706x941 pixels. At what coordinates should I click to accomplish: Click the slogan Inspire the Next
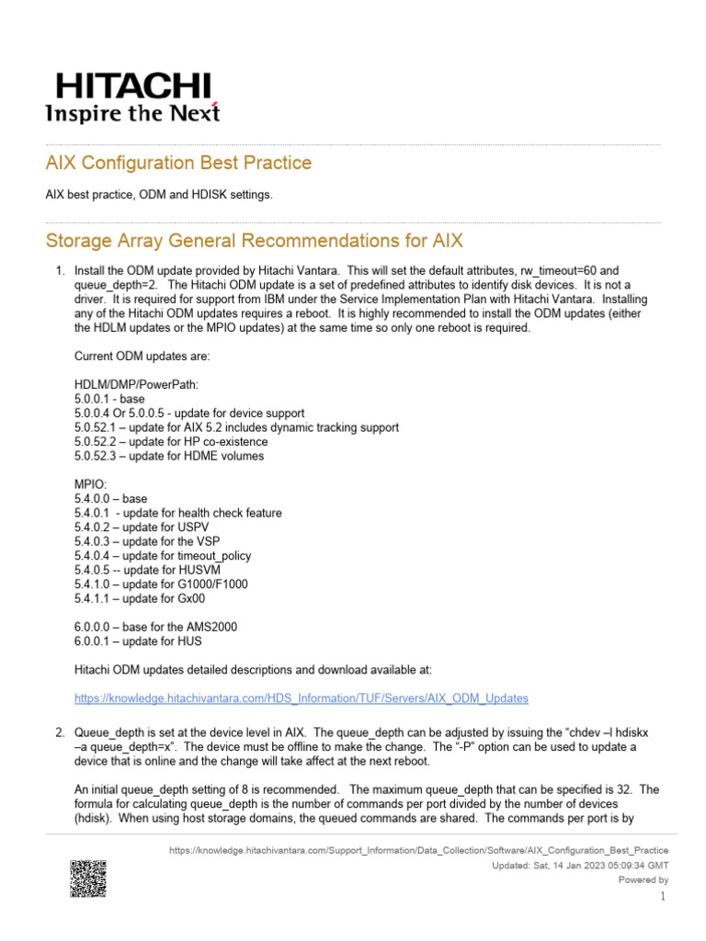[132, 113]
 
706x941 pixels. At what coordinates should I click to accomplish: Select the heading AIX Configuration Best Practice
[178, 163]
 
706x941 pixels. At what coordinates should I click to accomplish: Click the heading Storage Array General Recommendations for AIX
[255, 241]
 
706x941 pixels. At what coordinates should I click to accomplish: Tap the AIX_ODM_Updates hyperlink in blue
[301, 698]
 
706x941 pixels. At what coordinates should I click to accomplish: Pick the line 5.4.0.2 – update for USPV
[138, 527]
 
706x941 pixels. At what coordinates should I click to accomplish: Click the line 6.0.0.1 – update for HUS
[138, 641]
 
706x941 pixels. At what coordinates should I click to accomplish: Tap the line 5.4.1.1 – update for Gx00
[140, 598]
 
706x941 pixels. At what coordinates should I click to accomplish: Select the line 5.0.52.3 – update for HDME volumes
[168, 456]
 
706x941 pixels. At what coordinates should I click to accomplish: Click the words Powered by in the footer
[643, 879]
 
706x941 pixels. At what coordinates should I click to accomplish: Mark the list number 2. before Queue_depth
[58, 732]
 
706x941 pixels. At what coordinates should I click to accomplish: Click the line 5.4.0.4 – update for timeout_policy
[162, 556]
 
